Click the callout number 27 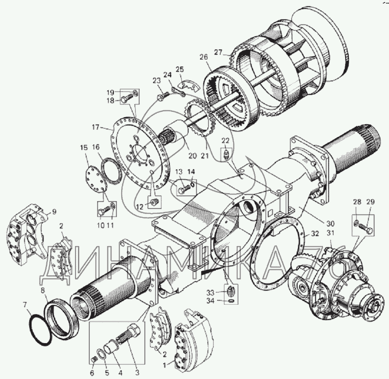point(218,52)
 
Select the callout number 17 point(96,127)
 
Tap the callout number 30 point(330,223)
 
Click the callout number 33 point(210,293)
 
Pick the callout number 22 point(225,141)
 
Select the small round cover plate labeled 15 point(95,178)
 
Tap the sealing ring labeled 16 point(112,171)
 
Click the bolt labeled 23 point(163,96)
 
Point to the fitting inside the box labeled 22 point(226,155)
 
